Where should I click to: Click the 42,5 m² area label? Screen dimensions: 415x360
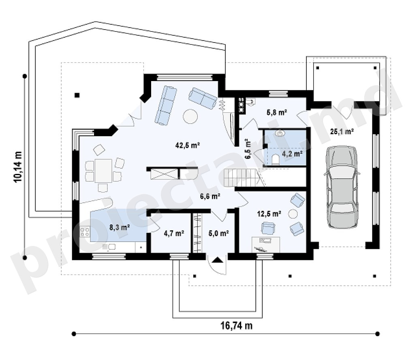[x=187, y=145]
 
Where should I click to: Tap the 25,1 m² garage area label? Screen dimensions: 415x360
[x=342, y=131]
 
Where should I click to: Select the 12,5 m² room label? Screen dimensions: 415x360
[x=269, y=213]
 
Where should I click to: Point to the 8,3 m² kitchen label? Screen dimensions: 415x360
[x=120, y=227]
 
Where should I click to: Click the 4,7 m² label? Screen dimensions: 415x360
[x=174, y=233]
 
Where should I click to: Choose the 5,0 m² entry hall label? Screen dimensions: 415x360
[x=218, y=233]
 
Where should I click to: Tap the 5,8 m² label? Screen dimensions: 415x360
[x=277, y=113]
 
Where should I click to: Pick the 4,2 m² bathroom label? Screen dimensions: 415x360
[x=292, y=154]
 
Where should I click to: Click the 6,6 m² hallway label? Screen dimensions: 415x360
[x=210, y=196]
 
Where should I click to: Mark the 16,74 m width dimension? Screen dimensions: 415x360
[x=237, y=326]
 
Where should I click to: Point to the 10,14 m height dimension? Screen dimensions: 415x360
[x=18, y=167]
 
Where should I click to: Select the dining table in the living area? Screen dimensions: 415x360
[x=103, y=170]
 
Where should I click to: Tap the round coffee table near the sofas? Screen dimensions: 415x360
[x=190, y=116]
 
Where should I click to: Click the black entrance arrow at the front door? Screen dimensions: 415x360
[x=217, y=260]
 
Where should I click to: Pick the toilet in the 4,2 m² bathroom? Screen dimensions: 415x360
[x=275, y=159]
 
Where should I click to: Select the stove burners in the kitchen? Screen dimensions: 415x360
[x=85, y=232]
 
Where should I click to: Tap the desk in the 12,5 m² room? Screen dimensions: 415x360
[x=265, y=244]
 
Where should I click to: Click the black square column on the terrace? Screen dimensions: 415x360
[x=77, y=95]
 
